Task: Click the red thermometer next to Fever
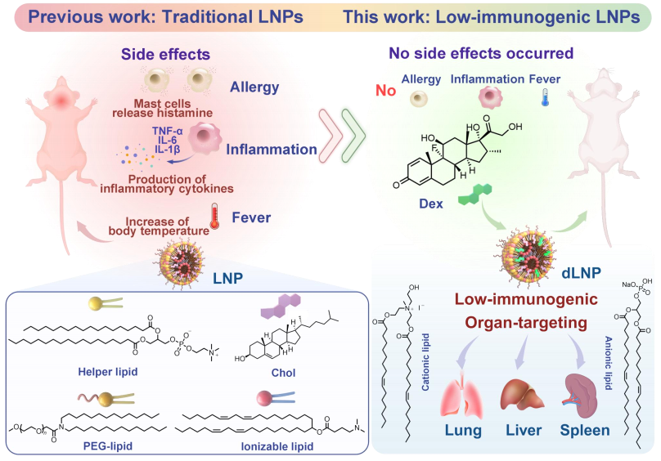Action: (214, 216)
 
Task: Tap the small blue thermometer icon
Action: (545, 97)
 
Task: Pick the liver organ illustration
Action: (522, 395)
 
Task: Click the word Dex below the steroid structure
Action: (431, 204)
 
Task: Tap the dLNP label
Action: (581, 273)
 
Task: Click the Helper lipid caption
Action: (108, 372)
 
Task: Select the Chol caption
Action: (283, 373)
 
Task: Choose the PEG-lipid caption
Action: (108, 445)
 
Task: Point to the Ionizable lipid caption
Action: (277, 446)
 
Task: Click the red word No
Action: (386, 91)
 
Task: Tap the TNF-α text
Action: (168, 131)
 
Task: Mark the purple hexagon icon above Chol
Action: (281, 306)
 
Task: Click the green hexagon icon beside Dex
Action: (475, 195)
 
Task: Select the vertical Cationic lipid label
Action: (425, 362)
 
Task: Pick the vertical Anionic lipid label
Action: (609, 363)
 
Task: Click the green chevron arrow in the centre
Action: (354, 136)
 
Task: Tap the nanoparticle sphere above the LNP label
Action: (182, 262)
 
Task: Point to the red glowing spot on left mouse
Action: (61, 100)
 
